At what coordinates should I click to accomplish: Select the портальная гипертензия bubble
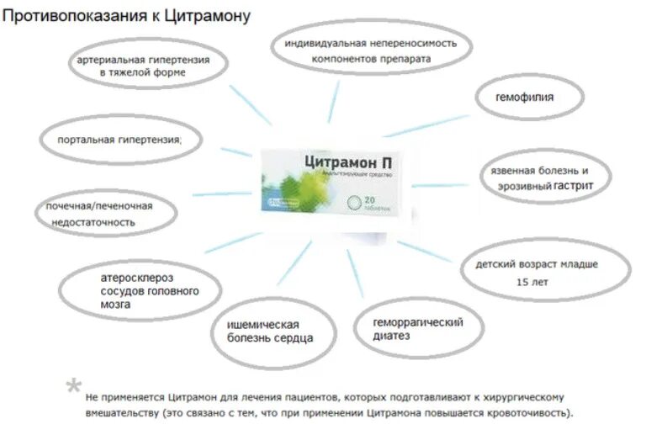(119, 139)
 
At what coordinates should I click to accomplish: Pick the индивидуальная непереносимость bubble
(370, 50)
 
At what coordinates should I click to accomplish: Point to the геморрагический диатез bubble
(418, 328)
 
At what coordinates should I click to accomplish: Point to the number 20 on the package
(370, 200)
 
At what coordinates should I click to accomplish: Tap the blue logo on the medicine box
(278, 204)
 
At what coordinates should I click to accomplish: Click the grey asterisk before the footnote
(74, 388)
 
